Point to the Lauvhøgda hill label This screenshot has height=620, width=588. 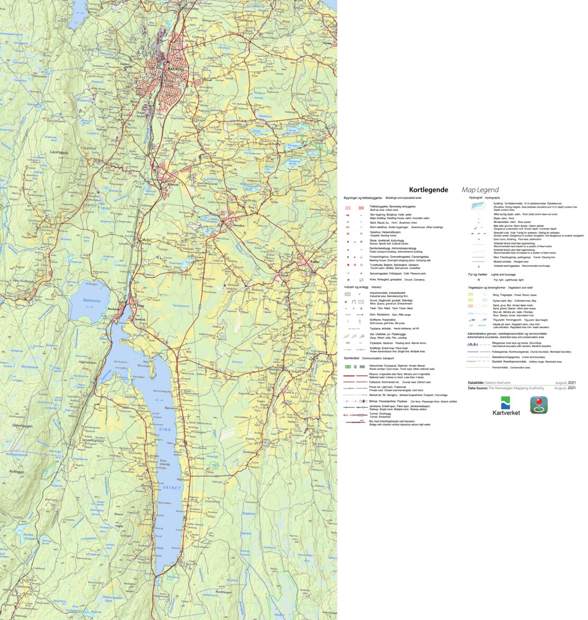click(59, 152)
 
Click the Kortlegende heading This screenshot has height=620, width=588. click(428, 190)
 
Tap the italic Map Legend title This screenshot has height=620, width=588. click(480, 190)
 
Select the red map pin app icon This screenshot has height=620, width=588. click(539, 405)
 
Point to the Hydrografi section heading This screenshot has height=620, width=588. click(476, 197)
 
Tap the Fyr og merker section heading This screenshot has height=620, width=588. click(477, 275)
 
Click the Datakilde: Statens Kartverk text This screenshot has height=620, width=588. click(489, 382)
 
